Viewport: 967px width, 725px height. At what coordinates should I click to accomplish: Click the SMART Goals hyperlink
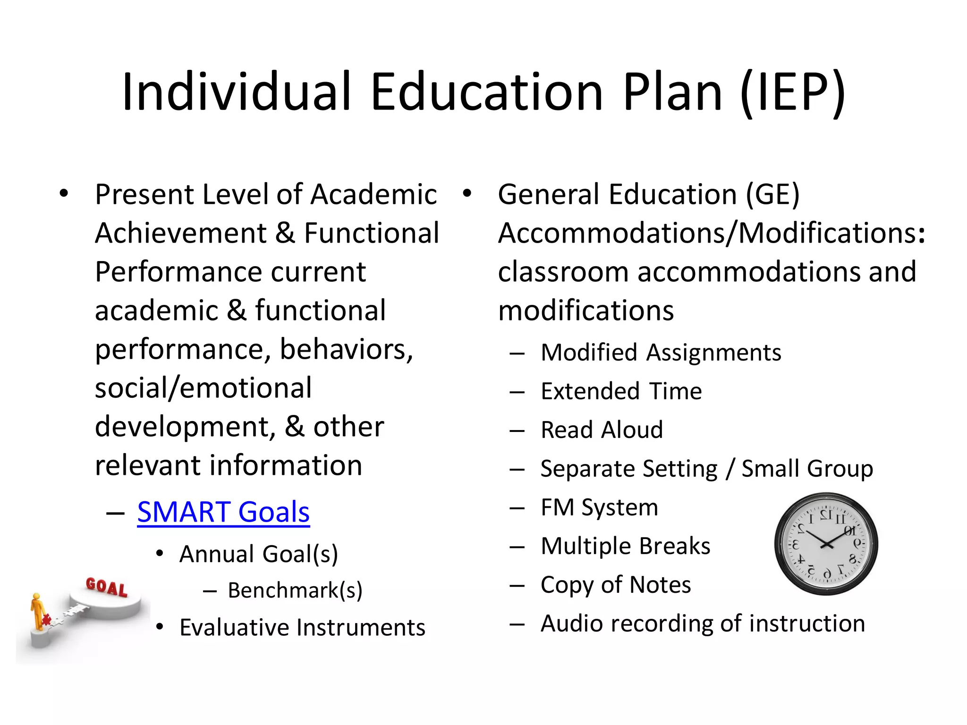(223, 512)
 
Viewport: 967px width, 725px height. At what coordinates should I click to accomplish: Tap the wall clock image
(826, 544)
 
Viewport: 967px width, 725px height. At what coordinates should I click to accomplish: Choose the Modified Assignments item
(661, 353)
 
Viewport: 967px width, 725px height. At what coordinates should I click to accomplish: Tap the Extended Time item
(621, 391)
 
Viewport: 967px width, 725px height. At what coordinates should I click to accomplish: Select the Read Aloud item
(602, 430)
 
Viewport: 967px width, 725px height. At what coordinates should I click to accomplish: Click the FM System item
(600, 507)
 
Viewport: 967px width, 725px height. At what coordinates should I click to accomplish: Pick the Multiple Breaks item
(626, 546)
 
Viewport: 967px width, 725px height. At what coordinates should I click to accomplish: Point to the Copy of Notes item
(616, 585)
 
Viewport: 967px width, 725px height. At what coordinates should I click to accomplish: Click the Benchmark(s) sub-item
(295, 590)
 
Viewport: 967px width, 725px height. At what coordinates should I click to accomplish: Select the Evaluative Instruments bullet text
(303, 628)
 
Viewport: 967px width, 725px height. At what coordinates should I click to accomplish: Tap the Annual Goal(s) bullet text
(259, 554)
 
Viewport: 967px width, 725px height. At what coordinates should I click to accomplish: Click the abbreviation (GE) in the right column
(772, 194)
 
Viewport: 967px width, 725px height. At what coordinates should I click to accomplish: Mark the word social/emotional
(204, 388)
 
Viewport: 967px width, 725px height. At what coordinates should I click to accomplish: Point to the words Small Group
(807, 469)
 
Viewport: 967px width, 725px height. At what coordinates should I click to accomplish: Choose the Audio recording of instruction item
(703, 624)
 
